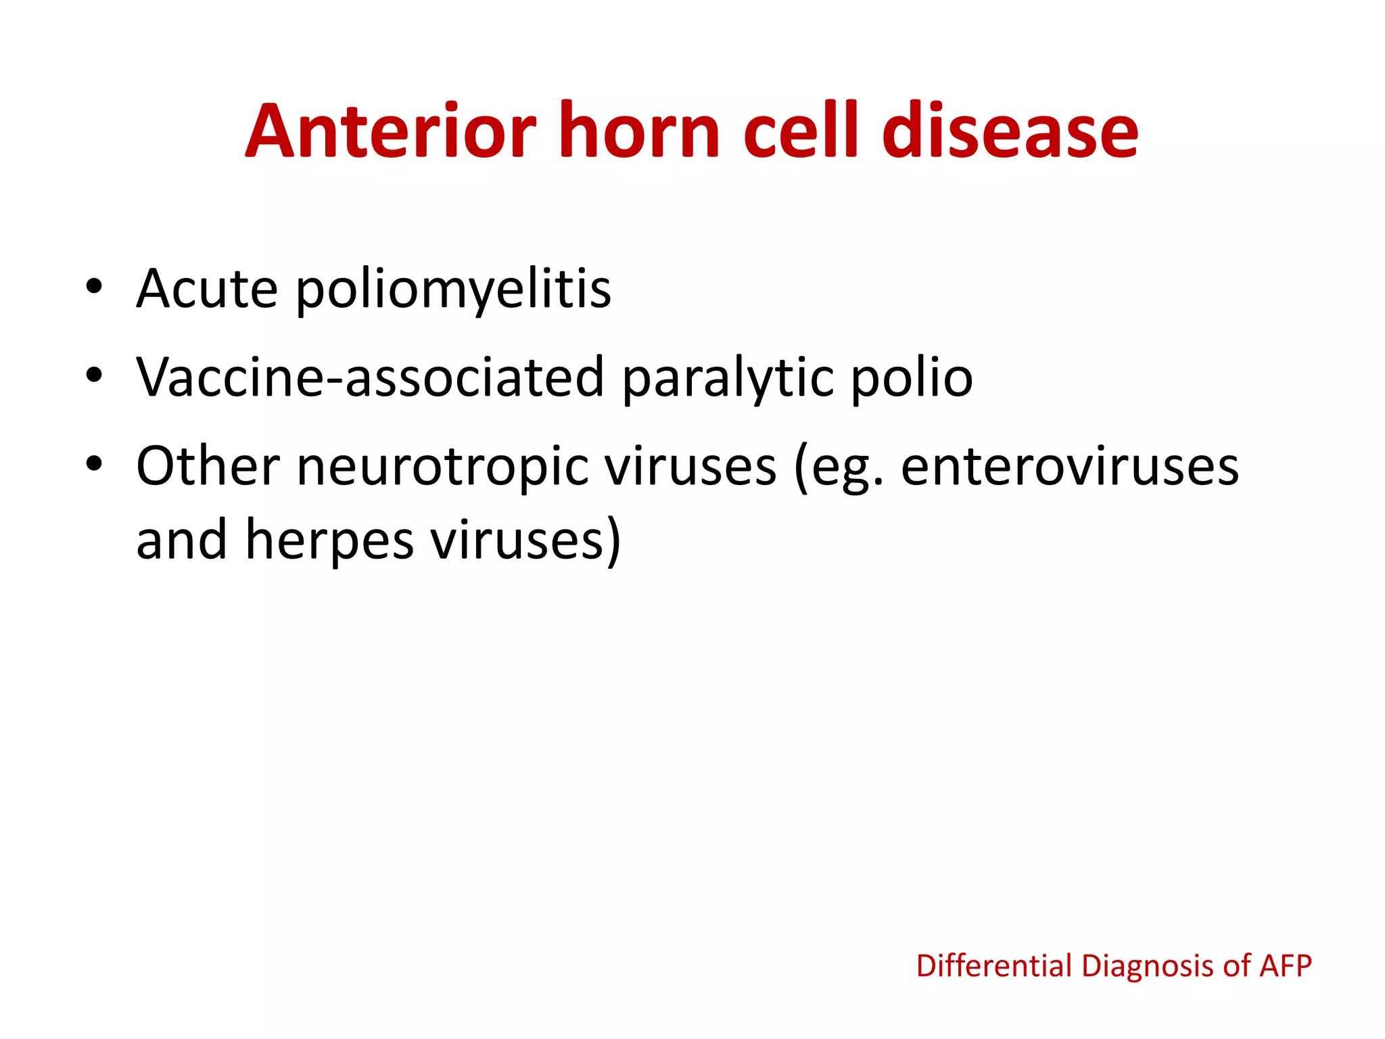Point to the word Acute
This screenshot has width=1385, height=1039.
(207, 289)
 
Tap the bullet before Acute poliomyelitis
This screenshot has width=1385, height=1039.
(94, 286)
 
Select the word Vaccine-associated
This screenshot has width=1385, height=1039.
(370, 377)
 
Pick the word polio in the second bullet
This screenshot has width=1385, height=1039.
(911, 377)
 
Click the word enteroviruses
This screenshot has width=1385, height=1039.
(1070, 467)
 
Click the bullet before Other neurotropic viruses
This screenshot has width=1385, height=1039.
(94, 463)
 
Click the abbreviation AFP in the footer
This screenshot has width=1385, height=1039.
(1285, 965)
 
